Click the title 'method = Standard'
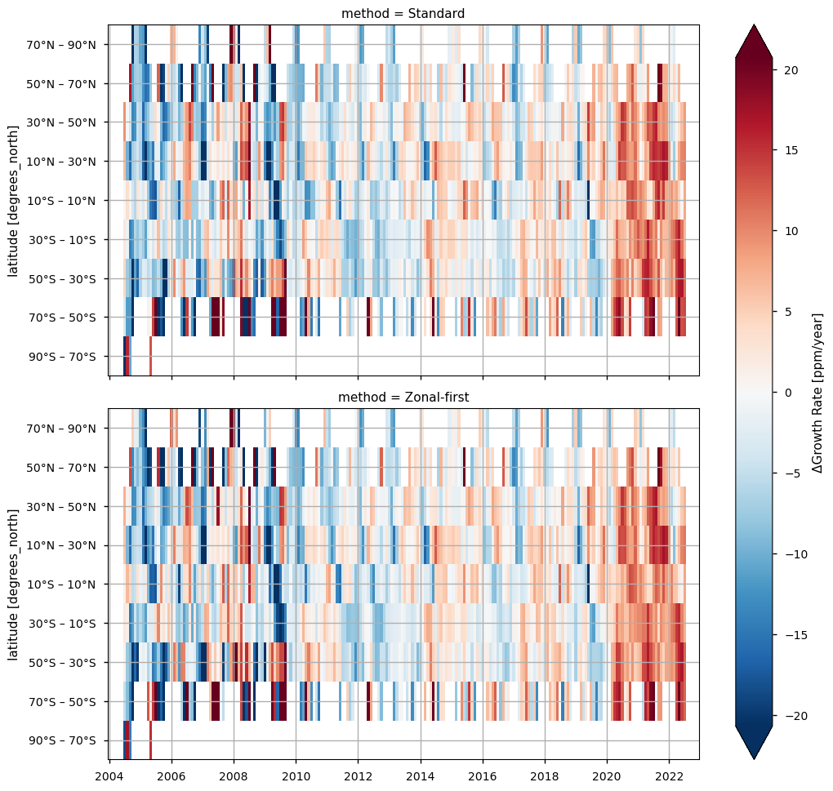tap(403, 13)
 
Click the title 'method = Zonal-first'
tap(403, 397)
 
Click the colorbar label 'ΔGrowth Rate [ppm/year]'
tap(818, 393)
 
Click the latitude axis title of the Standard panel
tap(14, 200)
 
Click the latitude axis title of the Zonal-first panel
tap(14, 584)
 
